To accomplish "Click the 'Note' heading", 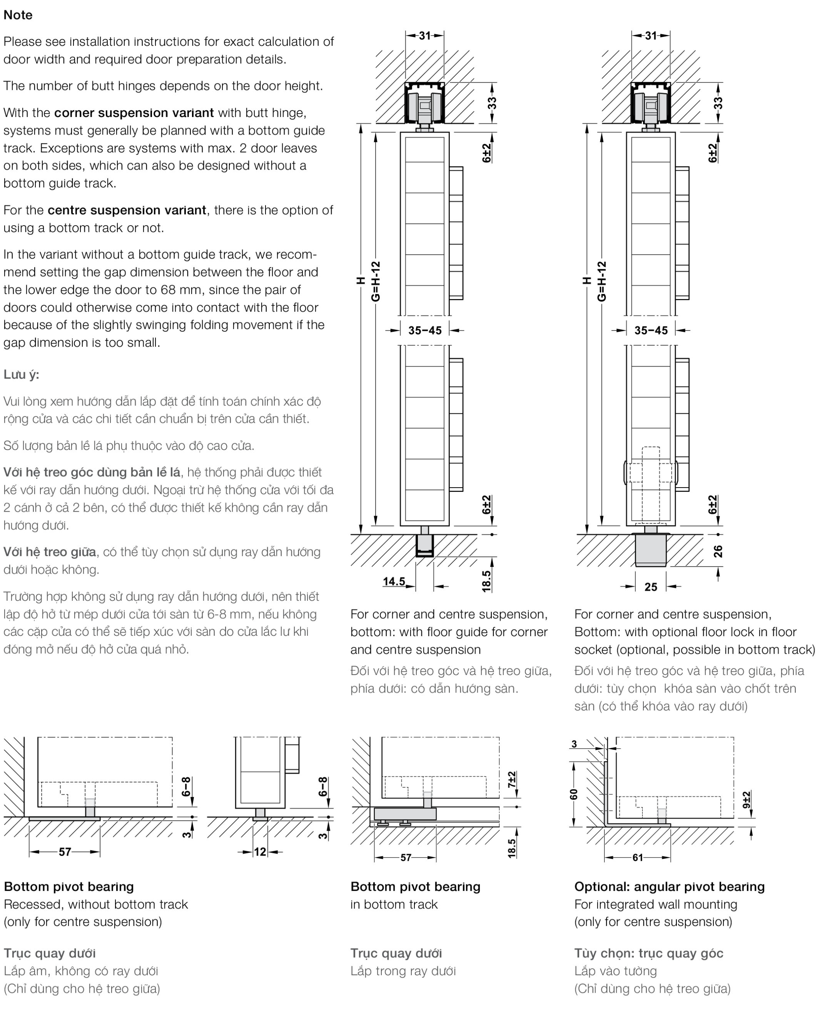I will click(x=18, y=15).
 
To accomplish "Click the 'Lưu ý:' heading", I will click(x=21, y=374).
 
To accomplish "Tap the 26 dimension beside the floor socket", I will click(x=718, y=551).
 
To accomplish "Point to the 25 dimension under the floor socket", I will click(x=651, y=587).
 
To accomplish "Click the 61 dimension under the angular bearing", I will click(x=638, y=857).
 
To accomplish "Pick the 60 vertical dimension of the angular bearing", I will click(x=574, y=794).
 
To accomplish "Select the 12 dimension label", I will click(x=260, y=852).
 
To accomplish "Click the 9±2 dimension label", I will click(x=747, y=799).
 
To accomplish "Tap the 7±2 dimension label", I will click(x=512, y=780).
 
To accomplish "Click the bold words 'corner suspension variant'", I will click(x=134, y=113).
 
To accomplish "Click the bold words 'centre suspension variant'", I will click(x=127, y=210).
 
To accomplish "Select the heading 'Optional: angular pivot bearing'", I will click(x=669, y=887).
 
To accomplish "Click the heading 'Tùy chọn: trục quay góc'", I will click(x=649, y=953).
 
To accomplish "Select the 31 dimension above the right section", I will click(x=651, y=35).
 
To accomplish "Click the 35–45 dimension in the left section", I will click(x=425, y=331).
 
